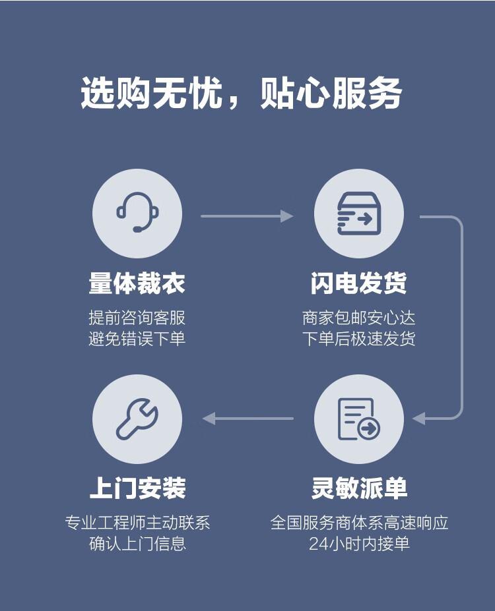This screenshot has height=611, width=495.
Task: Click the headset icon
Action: point(137,212)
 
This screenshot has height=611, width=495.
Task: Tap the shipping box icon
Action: point(358,213)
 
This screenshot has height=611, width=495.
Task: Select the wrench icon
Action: point(137,419)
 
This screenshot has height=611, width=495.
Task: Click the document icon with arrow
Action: point(358,419)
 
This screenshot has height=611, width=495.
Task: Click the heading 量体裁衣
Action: point(137,283)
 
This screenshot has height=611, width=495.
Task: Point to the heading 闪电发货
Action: point(358,283)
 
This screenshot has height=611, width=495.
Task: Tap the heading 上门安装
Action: point(137,488)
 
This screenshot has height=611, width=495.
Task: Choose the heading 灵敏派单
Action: point(358,488)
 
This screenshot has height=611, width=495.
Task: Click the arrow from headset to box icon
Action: point(246,216)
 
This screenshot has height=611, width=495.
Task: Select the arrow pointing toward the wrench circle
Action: point(247,418)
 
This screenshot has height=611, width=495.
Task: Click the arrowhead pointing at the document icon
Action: point(418,418)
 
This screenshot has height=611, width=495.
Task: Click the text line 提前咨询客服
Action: point(137,318)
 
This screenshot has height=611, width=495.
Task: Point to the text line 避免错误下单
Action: point(137,339)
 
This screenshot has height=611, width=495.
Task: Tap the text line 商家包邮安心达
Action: point(358,318)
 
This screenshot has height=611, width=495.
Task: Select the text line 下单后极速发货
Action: point(358,339)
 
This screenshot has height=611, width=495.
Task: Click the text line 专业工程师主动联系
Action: point(137,523)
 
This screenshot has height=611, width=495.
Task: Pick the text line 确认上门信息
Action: point(137,544)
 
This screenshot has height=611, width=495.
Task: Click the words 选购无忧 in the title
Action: point(152,94)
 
